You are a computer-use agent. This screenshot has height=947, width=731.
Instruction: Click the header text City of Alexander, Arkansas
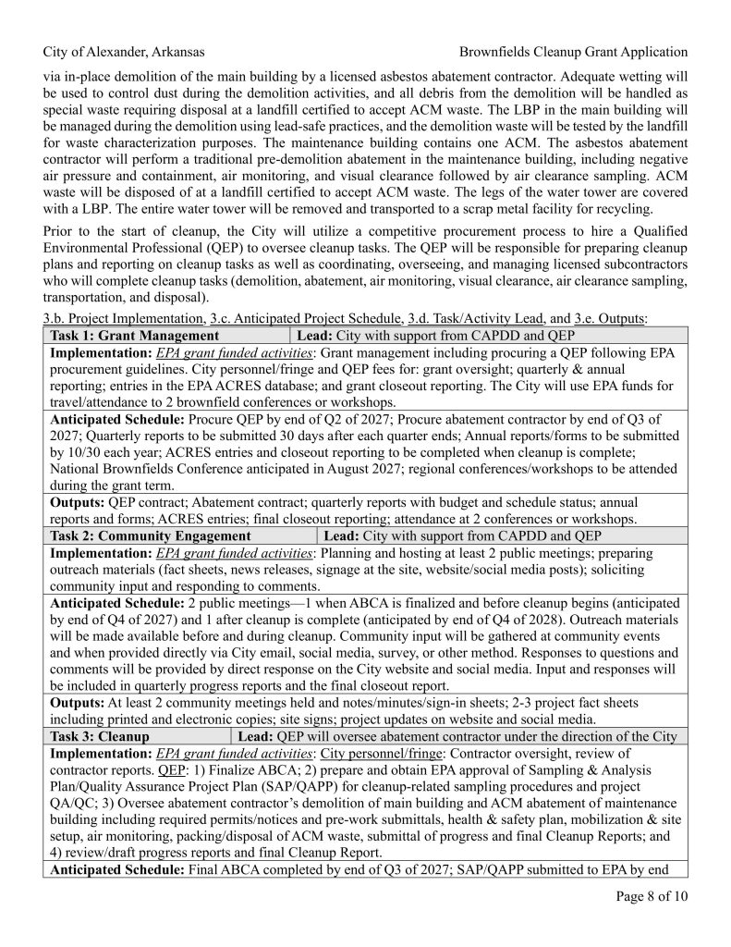tap(124, 52)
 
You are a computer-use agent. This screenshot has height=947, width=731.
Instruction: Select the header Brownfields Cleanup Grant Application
tap(573, 52)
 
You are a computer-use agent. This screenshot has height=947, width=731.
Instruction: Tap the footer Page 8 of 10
tap(652, 895)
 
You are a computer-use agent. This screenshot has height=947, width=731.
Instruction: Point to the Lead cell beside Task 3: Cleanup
tap(457, 736)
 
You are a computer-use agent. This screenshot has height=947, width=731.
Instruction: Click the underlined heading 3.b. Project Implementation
tap(121, 318)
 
